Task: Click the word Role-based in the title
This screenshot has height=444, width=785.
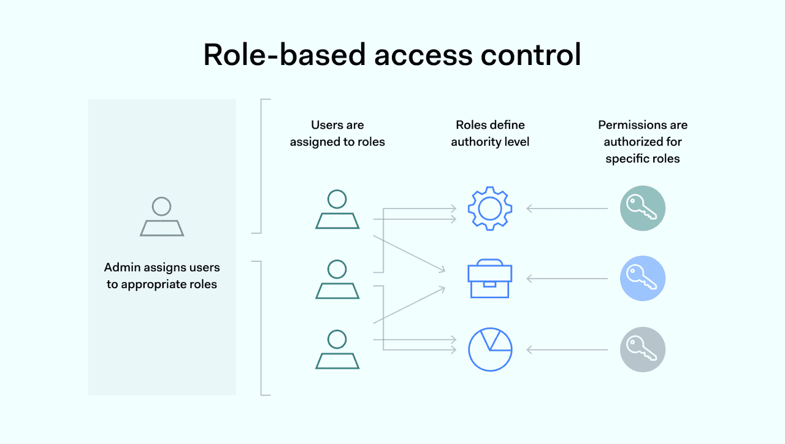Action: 283,55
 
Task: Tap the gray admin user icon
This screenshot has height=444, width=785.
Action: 162,216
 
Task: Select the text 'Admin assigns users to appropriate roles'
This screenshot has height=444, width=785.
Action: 162,276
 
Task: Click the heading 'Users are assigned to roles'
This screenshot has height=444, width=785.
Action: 337,134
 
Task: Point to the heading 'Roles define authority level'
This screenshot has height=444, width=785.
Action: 490,134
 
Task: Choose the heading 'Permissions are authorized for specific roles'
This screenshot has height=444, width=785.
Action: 643,142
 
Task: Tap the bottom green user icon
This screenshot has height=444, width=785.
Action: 337,350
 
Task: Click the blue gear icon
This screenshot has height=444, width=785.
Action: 490,209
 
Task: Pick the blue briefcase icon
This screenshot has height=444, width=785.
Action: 490,279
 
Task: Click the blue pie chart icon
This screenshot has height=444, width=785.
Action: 490,350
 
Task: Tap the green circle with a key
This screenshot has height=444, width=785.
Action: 642,209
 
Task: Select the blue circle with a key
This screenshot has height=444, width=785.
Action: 642,278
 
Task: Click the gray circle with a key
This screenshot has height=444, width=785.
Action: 642,350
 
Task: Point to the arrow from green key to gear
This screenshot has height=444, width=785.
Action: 567,209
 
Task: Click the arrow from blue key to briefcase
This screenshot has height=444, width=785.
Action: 567,279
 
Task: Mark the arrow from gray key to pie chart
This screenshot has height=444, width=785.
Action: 567,350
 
